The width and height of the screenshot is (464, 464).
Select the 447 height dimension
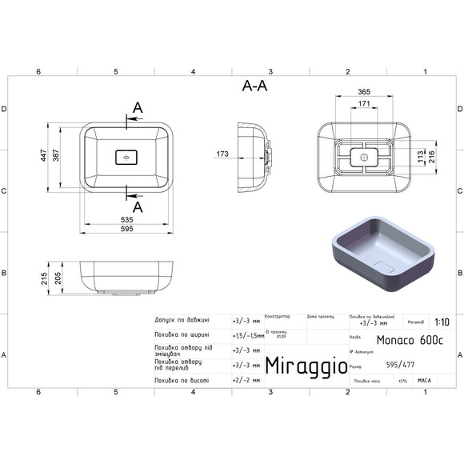(x=45, y=158)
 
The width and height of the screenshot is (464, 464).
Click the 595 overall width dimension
(x=128, y=229)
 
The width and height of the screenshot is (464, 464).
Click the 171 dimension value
(x=364, y=105)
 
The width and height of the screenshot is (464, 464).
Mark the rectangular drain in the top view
(x=128, y=157)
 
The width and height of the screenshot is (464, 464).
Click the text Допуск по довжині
(x=182, y=320)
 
